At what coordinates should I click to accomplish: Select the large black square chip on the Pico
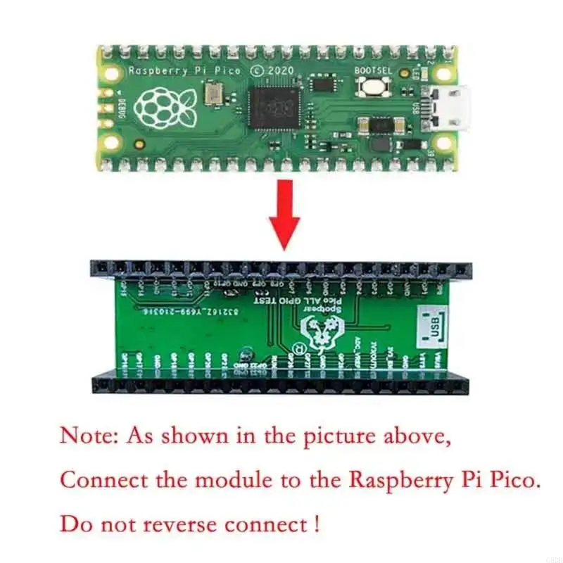click(275, 106)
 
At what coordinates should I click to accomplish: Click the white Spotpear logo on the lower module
click(322, 327)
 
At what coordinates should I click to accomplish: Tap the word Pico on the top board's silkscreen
click(224, 71)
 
